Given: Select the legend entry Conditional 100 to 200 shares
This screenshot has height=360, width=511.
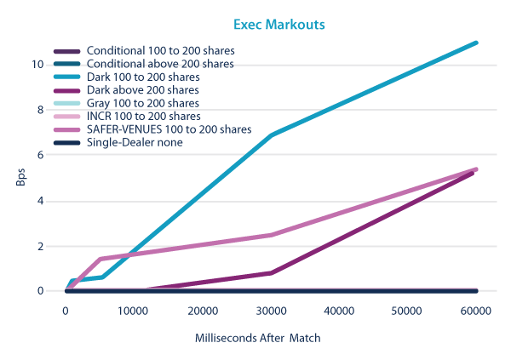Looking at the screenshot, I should click(x=160, y=51).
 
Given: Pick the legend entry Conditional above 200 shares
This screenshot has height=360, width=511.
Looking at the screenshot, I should click(x=160, y=64).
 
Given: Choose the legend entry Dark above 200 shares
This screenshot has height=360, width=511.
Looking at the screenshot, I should click(x=142, y=89).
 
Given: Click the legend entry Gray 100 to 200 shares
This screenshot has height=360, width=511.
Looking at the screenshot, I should click(x=142, y=103).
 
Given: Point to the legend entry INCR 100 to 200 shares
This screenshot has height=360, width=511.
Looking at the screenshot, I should click(x=143, y=116).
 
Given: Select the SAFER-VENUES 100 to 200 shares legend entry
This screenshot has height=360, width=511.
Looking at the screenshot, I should click(x=169, y=129).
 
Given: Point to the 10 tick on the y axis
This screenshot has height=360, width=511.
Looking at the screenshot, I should click(x=50, y=65).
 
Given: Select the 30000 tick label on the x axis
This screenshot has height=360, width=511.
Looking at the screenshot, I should click(x=271, y=312).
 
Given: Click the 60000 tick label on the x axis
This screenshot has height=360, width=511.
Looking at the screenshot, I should click(x=475, y=312).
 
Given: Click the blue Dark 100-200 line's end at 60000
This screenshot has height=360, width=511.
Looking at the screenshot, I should click(x=476, y=43).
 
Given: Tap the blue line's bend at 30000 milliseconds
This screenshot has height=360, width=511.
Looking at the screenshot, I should click(x=271, y=135).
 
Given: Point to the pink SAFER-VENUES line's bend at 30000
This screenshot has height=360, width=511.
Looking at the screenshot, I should click(x=271, y=235).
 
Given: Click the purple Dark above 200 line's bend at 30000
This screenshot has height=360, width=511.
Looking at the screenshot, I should click(x=271, y=273).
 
